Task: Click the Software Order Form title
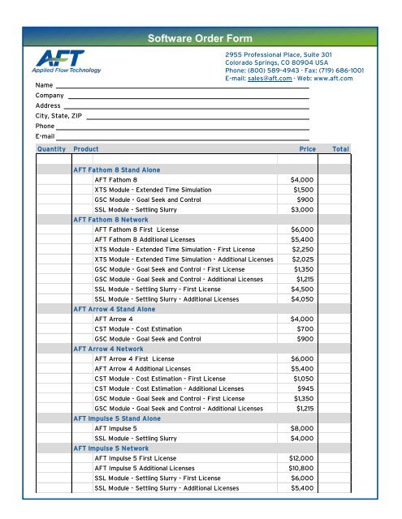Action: (x=200, y=38)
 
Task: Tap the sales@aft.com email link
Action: (x=269, y=79)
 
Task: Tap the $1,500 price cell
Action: (x=304, y=189)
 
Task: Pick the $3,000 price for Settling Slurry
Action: (x=302, y=210)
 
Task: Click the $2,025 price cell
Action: (x=302, y=259)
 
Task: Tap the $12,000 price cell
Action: (x=300, y=457)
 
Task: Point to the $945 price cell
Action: (x=305, y=388)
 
